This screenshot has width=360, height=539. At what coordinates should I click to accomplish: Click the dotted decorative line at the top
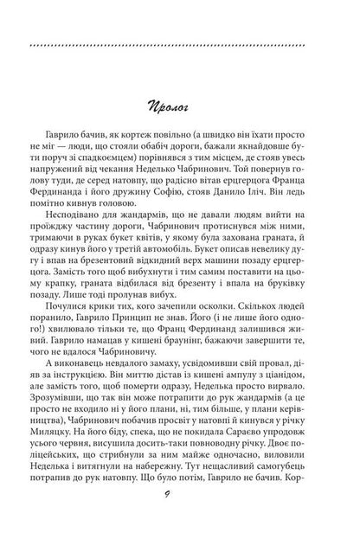coord(180,46)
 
